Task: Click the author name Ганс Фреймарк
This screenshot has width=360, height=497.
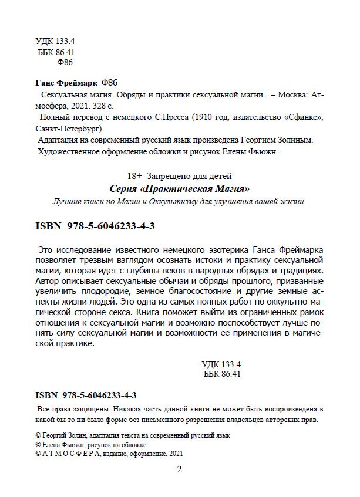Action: click(x=66, y=82)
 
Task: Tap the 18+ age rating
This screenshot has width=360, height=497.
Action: click(x=134, y=175)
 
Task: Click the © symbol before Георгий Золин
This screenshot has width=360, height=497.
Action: click(x=39, y=435)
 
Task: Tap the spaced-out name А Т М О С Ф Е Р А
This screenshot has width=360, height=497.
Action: click(x=75, y=454)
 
